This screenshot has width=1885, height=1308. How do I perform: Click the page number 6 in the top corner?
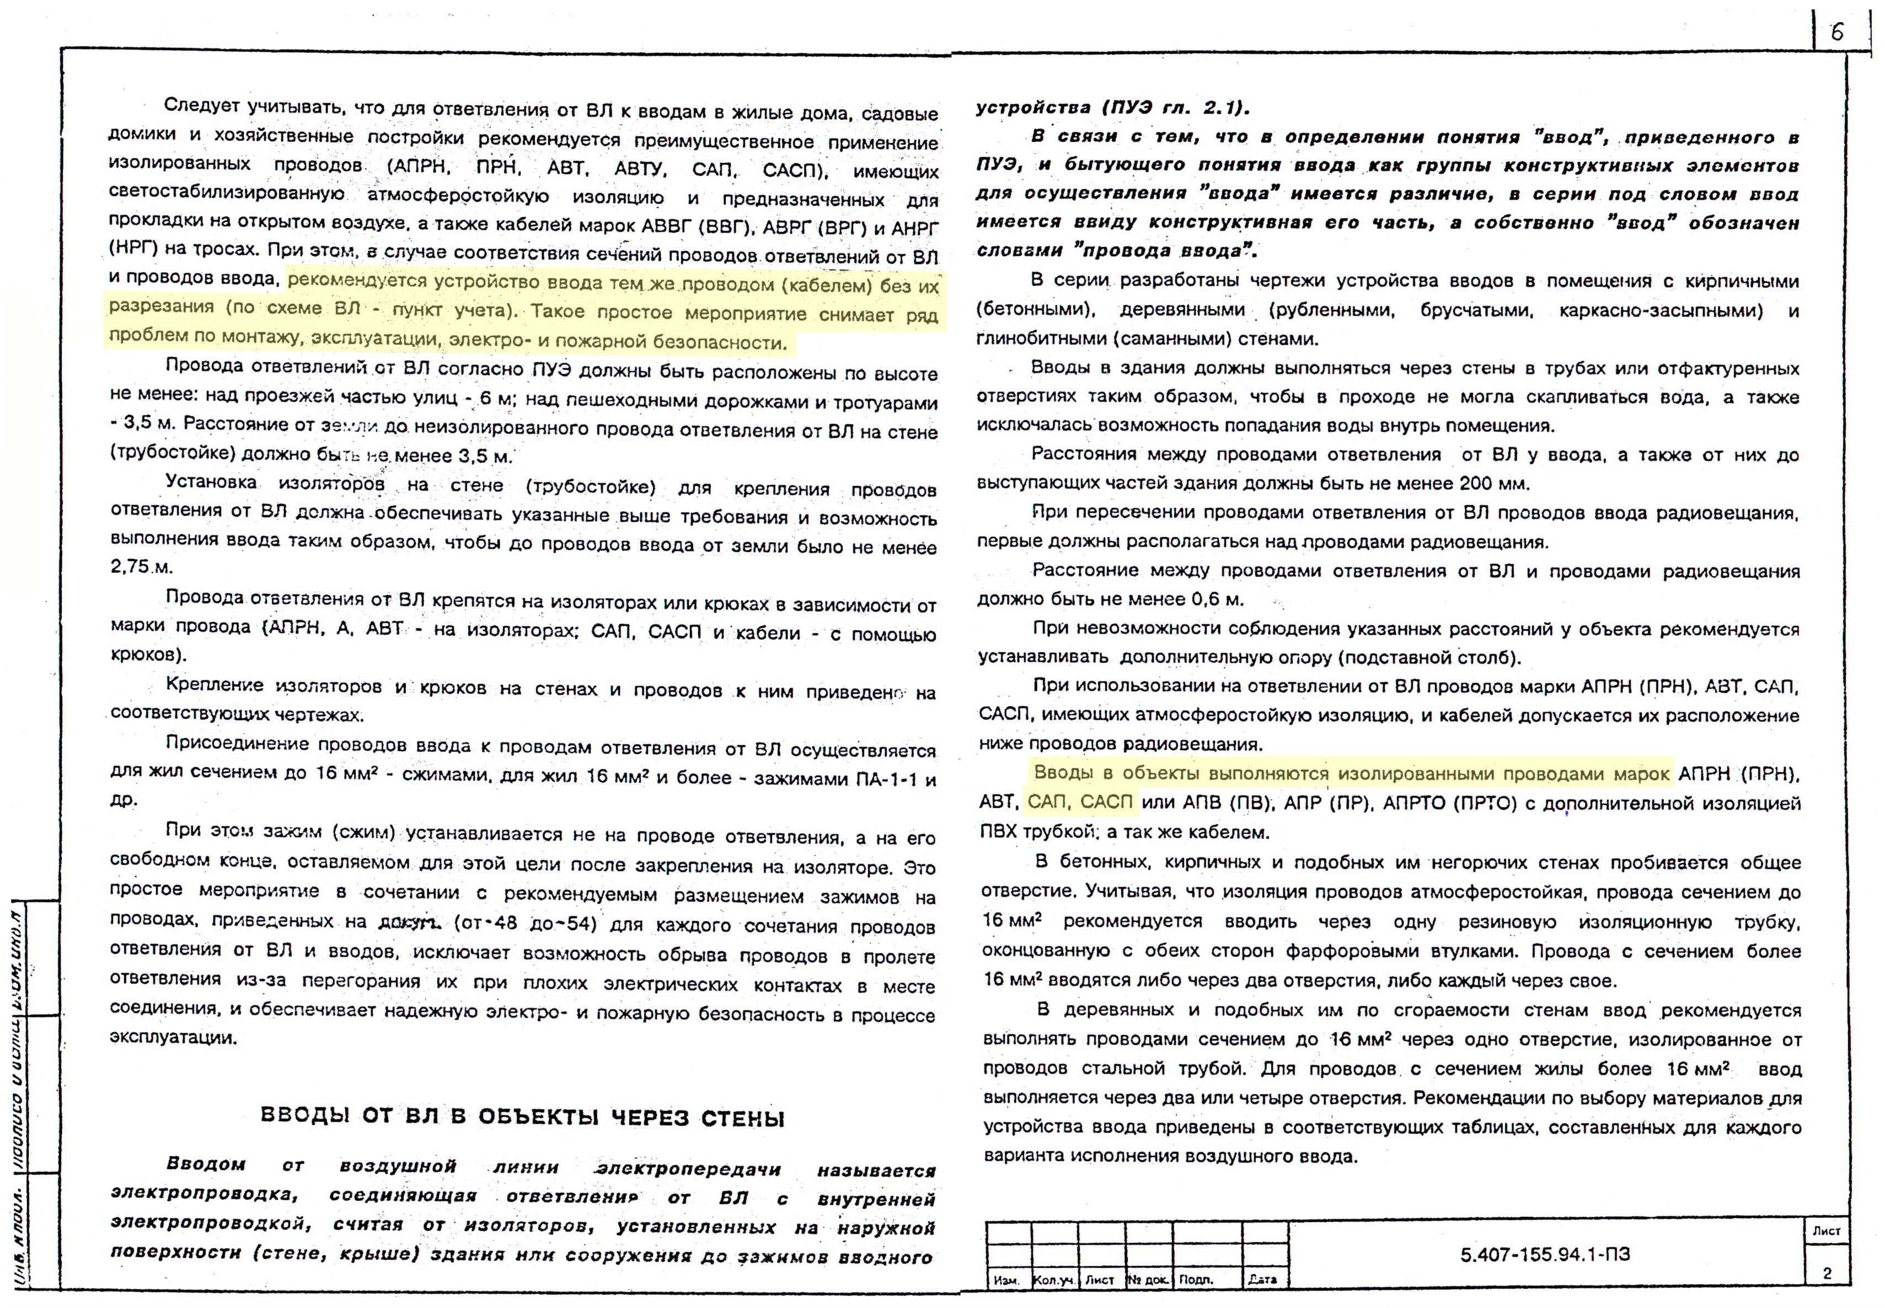[x=1836, y=32]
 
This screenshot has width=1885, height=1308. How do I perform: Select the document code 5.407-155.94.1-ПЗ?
[x=1545, y=1255]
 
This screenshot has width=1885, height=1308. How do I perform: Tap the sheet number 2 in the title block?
[x=1827, y=1273]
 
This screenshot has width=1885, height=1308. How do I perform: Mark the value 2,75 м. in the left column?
[x=142, y=566]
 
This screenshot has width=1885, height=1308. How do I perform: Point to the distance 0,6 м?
[x=1218, y=599]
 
